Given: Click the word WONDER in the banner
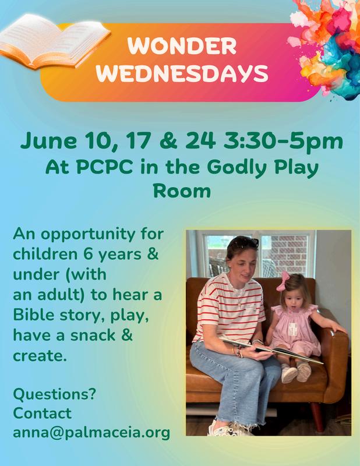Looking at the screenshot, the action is (x=182, y=46).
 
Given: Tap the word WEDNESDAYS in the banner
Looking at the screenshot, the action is (x=182, y=73).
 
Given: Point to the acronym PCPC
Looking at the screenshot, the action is (x=104, y=167).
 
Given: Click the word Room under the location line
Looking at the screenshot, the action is (x=182, y=191).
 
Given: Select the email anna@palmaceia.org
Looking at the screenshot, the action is (x=91, y=433).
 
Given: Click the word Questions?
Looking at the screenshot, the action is (x=54, y=394).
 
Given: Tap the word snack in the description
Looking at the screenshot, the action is (x=93, y=336).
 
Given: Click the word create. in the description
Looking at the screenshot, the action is (x=40, y=356).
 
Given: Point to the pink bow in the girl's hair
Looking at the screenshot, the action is (x=283, y=281).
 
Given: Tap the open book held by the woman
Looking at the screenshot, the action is (x=271, y=351).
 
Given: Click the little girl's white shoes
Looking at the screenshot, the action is (x=297, y=373).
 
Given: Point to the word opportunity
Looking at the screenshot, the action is (x=88, y=235).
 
